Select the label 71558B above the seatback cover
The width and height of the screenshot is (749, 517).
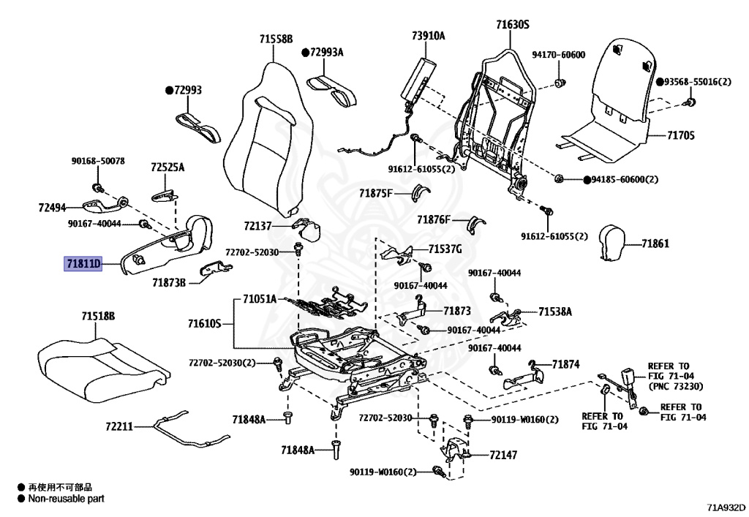pos(275,39)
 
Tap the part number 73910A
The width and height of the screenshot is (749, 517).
pos(428,35)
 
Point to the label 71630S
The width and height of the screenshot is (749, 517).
pos(512,25)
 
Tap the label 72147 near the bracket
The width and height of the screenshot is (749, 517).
pos(503,455)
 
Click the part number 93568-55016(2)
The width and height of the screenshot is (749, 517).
pos(698,82)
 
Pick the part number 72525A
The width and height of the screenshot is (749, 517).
pos(168,167)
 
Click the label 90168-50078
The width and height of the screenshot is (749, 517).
pos(98,161)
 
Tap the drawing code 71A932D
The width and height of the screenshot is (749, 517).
pos(726,506)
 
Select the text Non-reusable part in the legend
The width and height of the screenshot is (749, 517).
pos(66,499)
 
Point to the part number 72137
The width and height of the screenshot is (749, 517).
pos(257,227)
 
